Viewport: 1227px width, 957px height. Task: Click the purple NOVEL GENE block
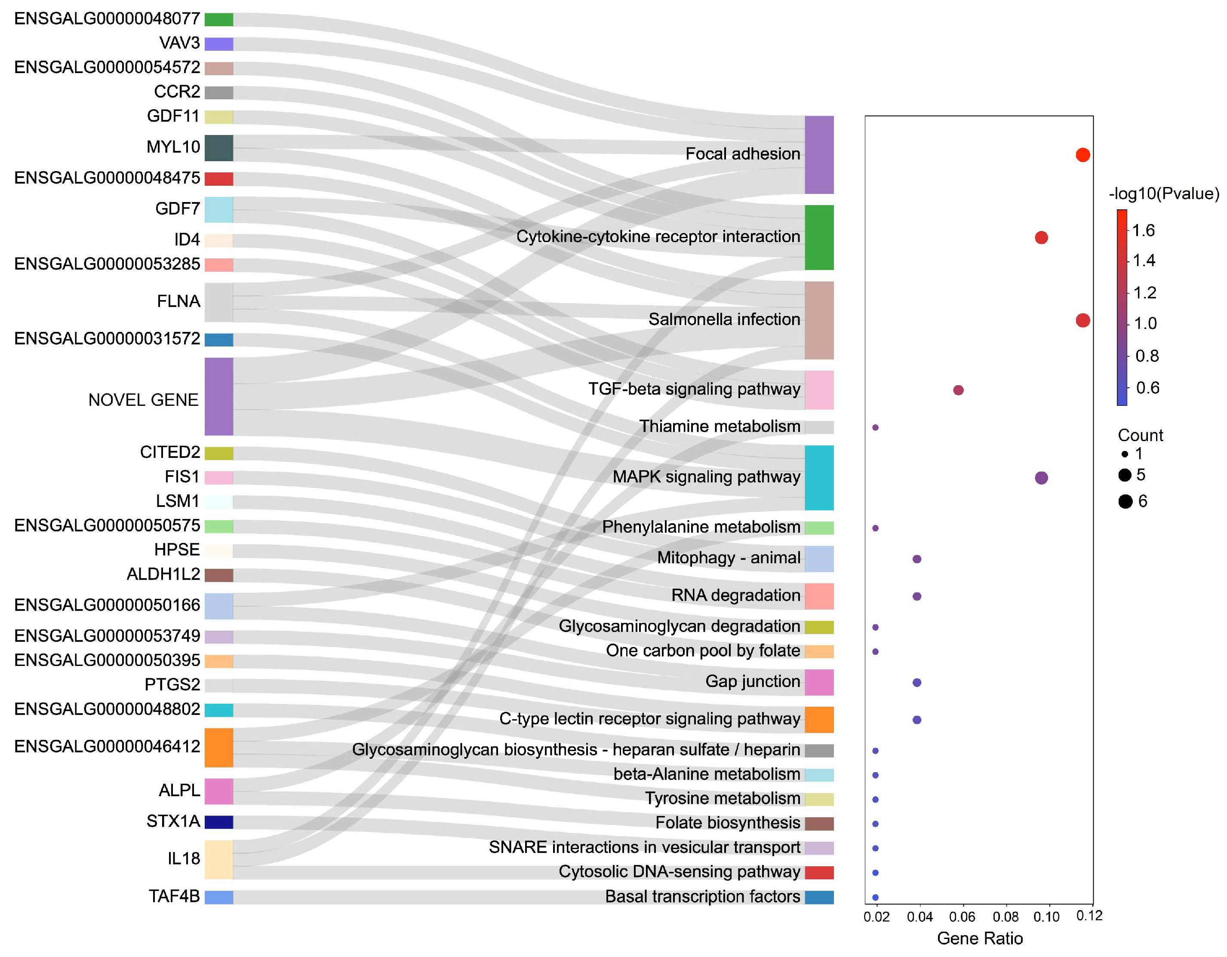point(218,396)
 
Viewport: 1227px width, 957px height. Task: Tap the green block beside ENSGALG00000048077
point(218,20)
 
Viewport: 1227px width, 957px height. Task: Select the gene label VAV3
point(179,43)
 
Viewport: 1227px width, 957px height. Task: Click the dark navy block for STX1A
point(218,822)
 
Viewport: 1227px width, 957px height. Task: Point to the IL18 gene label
point(184,859)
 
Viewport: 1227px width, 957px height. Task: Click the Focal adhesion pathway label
point(742,154)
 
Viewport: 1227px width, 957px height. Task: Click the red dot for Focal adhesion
point(1082,155)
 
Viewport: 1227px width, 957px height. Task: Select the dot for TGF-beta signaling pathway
point(959,390)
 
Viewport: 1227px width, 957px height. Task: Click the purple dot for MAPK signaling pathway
point(1041,478)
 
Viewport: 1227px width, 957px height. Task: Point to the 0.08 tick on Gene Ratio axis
point(1005,917)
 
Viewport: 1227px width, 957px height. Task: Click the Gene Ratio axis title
point(980,939)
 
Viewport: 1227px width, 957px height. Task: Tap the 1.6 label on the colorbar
point(1143,230)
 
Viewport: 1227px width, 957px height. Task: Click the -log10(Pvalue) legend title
point(1163,194)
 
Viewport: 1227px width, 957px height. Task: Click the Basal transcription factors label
point(702,897)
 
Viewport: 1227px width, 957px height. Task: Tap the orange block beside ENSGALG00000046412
point(218,748)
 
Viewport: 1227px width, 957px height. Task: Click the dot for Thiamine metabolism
point(875,427)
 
